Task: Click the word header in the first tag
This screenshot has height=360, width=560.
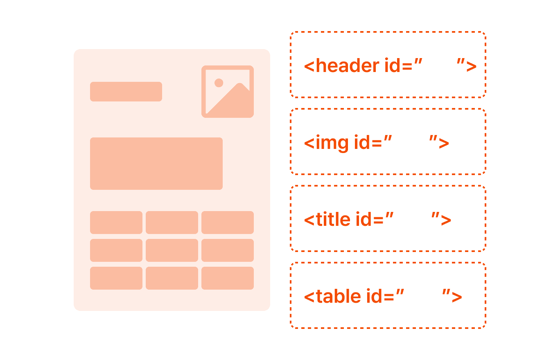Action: [348, 65]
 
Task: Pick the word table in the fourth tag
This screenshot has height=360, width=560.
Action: [339, 296]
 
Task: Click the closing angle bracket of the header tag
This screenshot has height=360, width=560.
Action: [471, 66]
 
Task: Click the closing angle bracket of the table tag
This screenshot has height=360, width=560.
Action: [457, 297]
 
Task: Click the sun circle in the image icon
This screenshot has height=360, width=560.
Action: [219, 83]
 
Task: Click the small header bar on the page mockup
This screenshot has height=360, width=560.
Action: [126, 92]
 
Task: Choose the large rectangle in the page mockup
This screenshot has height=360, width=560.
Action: [156, 163]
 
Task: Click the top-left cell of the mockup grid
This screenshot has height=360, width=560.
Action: [116, 223]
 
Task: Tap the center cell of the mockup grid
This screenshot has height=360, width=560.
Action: [172, 250]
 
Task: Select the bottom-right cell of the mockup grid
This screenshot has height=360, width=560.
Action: [228, 278]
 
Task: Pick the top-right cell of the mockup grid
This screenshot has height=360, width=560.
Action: [228, 223]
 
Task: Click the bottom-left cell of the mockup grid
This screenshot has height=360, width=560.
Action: [116, 278]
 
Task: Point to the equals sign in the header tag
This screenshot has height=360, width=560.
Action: [407, 66]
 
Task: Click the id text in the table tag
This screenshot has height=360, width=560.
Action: [375, 296]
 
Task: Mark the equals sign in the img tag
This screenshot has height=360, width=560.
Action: [377, 144]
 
